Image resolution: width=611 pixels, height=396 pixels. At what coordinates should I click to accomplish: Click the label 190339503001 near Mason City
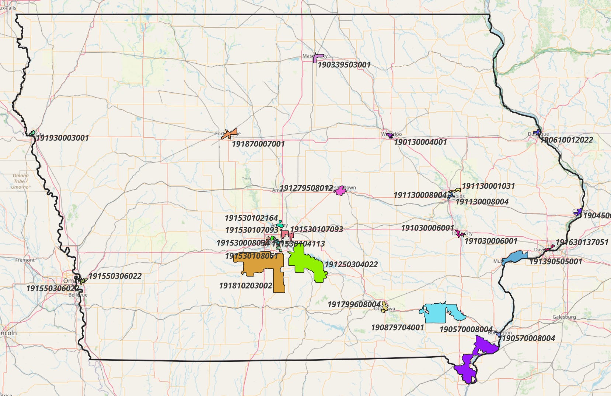(x=344, y=65)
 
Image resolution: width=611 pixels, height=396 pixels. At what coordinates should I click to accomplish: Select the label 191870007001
(x=258, y=144)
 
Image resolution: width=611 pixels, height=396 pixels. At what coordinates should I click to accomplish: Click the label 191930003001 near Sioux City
(x=62, y=138)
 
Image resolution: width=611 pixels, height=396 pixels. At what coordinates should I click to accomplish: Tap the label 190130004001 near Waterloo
(x=420, y=142)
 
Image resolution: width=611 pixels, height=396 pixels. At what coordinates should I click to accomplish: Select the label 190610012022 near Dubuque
(x=567, y=140)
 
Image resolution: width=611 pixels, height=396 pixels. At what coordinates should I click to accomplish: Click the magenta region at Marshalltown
(x=340, y=191)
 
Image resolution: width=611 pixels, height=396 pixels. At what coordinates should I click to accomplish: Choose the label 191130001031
(x=488, y=186)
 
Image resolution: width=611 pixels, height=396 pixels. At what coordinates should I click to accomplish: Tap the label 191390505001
(x=555, y=262)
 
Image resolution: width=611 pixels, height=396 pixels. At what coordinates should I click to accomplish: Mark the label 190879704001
(x=397, y=328)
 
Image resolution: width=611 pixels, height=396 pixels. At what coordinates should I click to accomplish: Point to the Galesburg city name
(x=564, y=317)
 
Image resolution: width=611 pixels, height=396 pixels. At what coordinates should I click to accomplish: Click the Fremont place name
(x=25, y=260)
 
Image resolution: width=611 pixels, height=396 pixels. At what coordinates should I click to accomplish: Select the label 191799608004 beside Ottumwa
(x=354, y=304)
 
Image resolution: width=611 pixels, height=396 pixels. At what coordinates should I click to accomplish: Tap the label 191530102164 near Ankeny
(x=251, y=218)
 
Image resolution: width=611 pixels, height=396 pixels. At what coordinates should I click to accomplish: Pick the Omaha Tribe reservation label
(x=20, y=181)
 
